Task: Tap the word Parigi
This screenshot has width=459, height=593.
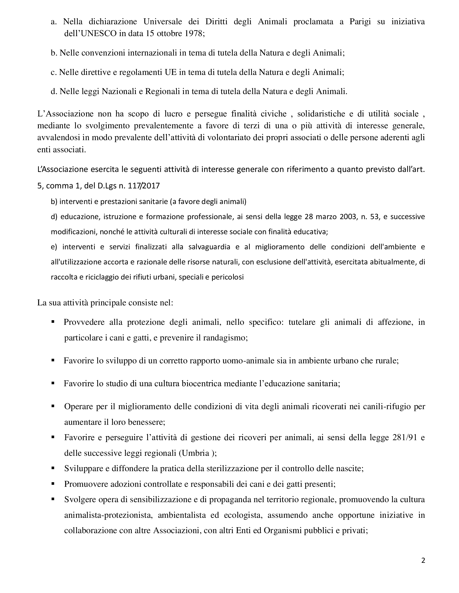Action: [x=360, y=22]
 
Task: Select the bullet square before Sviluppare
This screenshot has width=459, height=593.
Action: [x=53, y=468]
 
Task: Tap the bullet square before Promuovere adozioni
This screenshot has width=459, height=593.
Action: [x=53, y=484]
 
